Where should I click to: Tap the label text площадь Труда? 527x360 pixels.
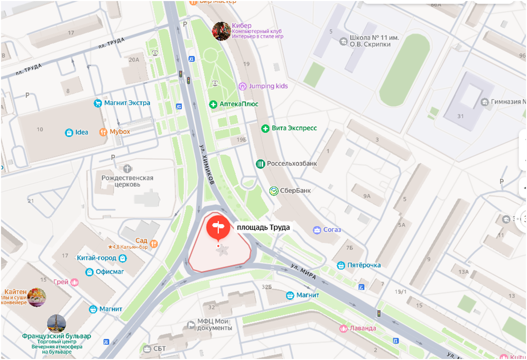[x=263, y=227]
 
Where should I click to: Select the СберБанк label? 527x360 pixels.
[x=295, y=191]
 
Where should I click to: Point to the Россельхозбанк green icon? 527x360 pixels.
[x=260, y=164]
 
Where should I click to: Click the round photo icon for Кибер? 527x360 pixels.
[x=221, y=31]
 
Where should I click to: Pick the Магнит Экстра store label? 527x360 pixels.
[x=127, y=103]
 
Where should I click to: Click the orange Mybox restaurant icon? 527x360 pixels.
[x=103, y=132]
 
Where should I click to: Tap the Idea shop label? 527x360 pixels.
[x=81, y=132]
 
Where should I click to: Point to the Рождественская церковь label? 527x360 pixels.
[x=127, y=181]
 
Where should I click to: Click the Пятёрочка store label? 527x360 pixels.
[x=364, y=265]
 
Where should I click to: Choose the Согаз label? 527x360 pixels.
[x=332, y=230]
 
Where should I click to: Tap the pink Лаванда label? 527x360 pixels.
[x=363, y=328]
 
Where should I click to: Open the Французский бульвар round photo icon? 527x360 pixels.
[x=56, y=324]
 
